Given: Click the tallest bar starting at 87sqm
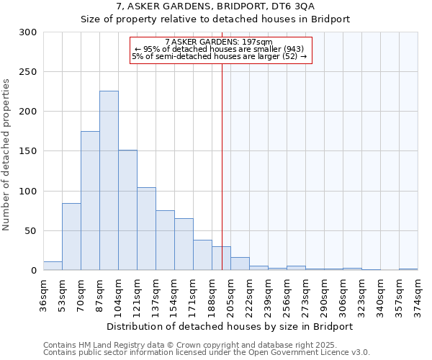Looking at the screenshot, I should tap(109, 181).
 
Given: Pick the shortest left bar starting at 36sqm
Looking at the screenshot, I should tap(53, 266).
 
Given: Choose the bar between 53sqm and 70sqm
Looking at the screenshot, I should tap(71, 237).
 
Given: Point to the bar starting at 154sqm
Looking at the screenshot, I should tap(184, 244).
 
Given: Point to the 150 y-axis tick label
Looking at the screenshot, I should tap(28, 151).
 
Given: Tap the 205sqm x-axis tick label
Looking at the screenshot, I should tap(230, 294).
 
